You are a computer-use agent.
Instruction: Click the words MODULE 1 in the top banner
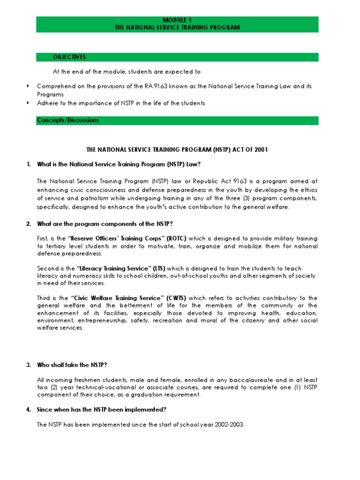[177, 21]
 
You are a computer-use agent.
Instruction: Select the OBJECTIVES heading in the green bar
[69, 57]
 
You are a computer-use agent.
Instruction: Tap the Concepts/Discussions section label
[68, 120]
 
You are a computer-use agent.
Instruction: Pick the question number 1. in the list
[29, 164]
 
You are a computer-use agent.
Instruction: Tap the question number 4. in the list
[29, 410]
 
